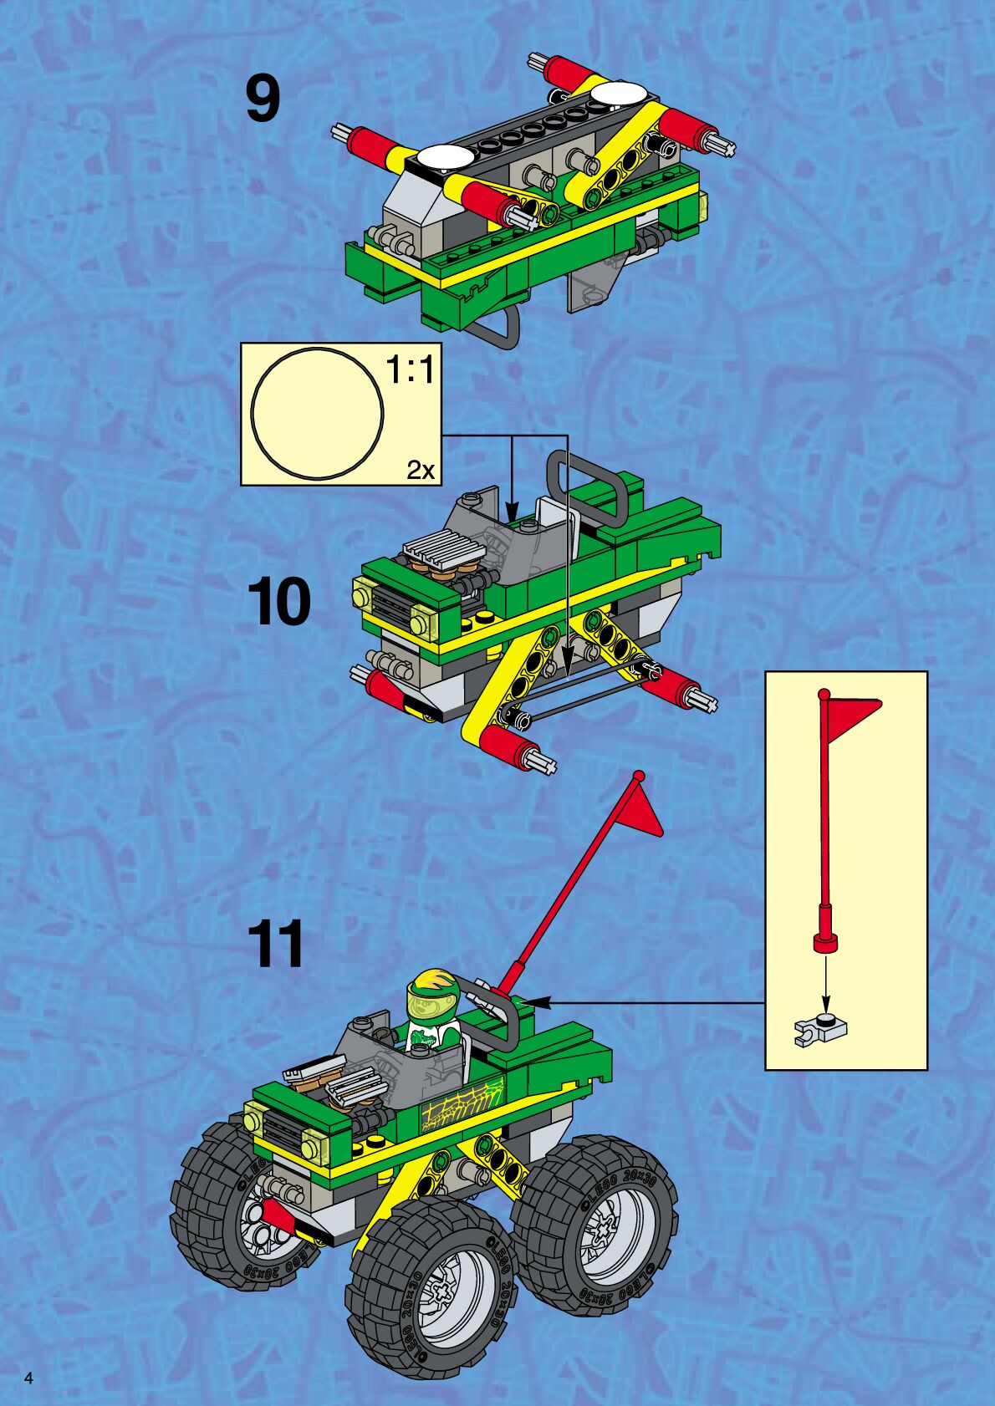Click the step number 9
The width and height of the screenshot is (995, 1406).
263,99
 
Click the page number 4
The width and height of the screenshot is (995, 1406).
29,1378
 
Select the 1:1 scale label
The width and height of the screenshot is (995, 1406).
411,369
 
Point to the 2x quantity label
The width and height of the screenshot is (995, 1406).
421,471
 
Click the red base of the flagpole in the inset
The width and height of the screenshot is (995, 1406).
825,942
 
